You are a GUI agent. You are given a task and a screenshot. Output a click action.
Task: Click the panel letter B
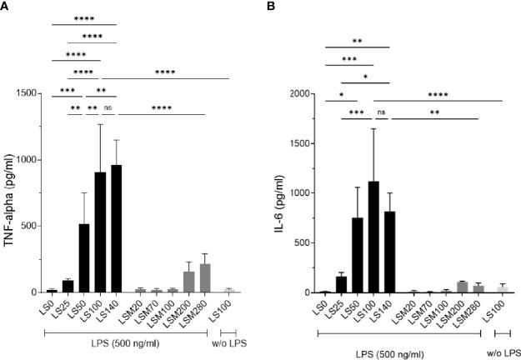click(x=277, y=7)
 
